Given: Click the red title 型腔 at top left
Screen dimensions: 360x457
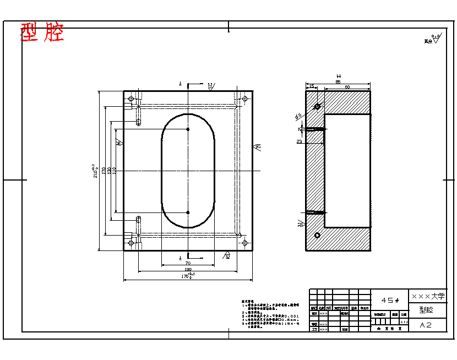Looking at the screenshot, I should click(42, 32).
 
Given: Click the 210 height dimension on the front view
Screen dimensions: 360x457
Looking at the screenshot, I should click(94, 171).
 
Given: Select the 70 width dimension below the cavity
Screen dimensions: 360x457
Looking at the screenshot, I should click(188, 264).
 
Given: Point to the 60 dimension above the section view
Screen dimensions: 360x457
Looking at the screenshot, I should click(347, 87).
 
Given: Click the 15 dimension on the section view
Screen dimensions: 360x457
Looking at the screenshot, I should click(312, 86).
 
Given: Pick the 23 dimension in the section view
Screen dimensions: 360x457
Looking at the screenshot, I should click(300, 141).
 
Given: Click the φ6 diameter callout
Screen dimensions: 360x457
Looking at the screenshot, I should click(298, 116).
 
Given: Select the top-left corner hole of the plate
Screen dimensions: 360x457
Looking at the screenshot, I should click(131, 99).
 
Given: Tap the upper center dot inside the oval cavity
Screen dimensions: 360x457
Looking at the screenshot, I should click(188, 129).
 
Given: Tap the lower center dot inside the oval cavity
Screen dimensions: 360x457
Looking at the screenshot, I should click(188, 212).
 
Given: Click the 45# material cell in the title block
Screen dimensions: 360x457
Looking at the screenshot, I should click(390, 300).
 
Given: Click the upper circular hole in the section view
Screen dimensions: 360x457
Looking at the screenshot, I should click(317, 106).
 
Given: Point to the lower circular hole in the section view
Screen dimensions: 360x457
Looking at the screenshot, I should click(317, 236).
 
